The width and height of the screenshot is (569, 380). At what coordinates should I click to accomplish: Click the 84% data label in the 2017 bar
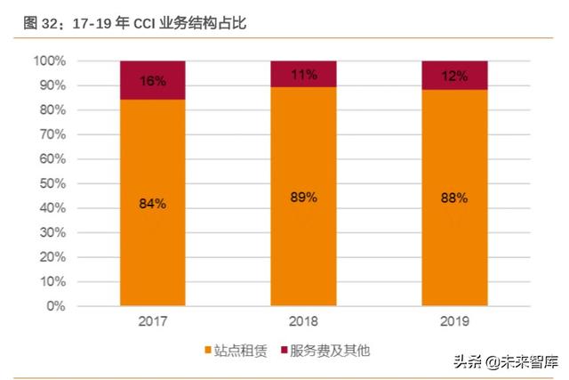point(152,204)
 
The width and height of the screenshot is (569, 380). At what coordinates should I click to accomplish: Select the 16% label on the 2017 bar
point(152,81)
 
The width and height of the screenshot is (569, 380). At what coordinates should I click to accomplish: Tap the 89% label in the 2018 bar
point(303,197)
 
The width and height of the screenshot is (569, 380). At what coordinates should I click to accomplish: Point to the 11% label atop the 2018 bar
point(303,75)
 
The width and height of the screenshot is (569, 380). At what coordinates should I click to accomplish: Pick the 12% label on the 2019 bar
point(454,77)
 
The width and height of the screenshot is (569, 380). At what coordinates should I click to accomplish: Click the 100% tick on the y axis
point(49,61)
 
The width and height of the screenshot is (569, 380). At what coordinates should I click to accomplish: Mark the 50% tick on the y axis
point(52,183)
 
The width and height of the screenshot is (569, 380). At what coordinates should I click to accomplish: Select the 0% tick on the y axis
point(55,306)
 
